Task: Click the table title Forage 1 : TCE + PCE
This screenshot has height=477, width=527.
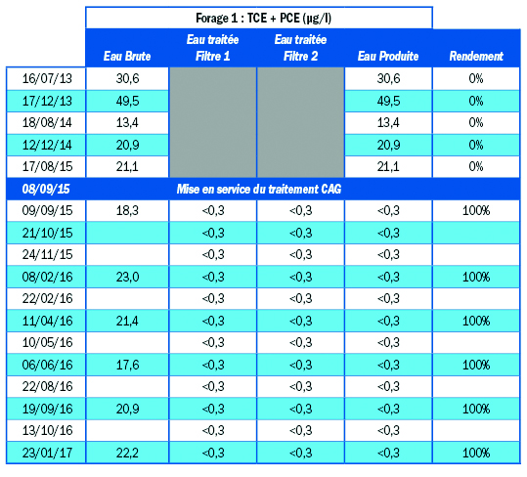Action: tap(264, 19)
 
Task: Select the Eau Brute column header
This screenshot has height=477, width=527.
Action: tap(127, 56)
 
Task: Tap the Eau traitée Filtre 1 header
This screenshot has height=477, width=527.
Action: tap(213, 48)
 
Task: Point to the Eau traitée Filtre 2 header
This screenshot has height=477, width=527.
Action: tap(300, 48)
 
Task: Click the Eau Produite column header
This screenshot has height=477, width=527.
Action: tap(388, 56)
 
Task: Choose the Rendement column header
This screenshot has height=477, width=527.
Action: tap(476, 56)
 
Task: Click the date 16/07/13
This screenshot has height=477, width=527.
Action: tap(47, 78)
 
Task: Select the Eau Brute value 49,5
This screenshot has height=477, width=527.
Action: tap(127, 101)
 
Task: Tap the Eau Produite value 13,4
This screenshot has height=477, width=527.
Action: tap(388, 122)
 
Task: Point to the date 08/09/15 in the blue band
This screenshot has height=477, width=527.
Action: tap(46, 189)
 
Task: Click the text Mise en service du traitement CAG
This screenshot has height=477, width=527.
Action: tap(259, 189)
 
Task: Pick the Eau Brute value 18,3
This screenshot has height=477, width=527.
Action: tap(127, 210)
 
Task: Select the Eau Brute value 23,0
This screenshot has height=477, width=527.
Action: tap(127, 277)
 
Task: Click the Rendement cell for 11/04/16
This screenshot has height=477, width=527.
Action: tap(476, 321)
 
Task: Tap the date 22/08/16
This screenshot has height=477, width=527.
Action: tap(47, 387)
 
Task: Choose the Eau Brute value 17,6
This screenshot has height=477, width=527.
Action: tap(127, 365)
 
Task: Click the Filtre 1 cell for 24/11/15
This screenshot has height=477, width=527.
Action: tap(213, 254)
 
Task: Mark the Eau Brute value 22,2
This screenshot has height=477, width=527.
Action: tap(127, 454)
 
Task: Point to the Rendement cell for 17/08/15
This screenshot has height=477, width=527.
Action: tap(476, 166)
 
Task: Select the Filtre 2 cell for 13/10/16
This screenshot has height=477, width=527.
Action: tap(300, 431)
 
